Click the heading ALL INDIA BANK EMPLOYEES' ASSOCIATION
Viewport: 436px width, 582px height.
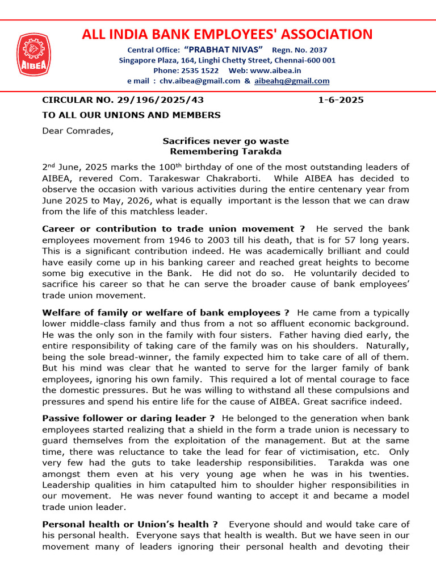tap(227, 34)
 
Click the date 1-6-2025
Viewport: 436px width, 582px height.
tap(341, 100)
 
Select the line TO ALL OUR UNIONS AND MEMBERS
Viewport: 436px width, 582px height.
tap(131, 115)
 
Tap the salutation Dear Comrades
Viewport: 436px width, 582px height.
tap(78, 130)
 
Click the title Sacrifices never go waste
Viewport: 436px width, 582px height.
tap(225, 141)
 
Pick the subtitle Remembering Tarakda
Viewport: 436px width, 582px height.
tap(225, 151)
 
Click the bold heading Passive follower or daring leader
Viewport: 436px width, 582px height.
tap(128, 418)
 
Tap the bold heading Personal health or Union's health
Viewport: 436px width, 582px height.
tap(130, 524)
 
